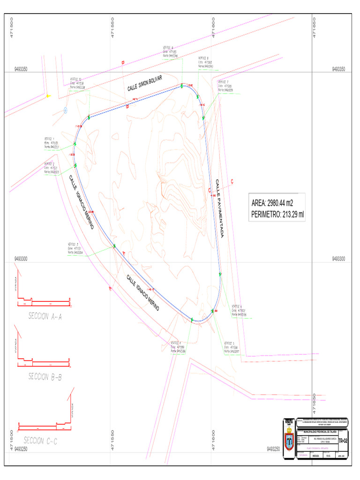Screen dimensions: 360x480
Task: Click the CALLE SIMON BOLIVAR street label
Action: (x=144, y=83)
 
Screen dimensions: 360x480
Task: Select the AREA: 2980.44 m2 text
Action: (x=272, y=203)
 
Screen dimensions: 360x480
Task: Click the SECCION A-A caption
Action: (x=45, y=316)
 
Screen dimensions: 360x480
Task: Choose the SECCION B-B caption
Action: (x=45, y=376)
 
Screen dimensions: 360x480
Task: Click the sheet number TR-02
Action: (x=343, y=440)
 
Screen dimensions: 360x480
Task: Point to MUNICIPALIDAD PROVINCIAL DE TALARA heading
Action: (x=320, y=431)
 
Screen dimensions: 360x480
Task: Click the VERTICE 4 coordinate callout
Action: (x=179, y=346)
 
